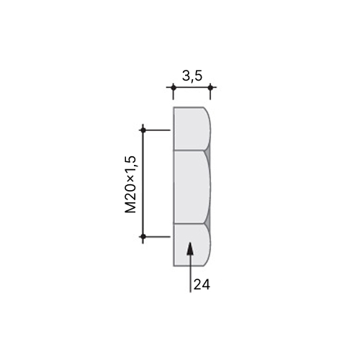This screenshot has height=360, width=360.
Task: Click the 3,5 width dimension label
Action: [192, 76]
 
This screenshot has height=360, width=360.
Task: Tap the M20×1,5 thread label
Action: [131, 184]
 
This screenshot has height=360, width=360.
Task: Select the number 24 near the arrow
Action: [202, 284]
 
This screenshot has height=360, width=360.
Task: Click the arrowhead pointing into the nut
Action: [190, 248]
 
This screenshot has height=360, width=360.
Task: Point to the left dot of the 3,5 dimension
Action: [174, 88]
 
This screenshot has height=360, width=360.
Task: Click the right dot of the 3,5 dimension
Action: [210, 88]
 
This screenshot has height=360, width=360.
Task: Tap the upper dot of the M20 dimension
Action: [143, 130]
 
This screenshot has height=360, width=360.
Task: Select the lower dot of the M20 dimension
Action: [143, 236]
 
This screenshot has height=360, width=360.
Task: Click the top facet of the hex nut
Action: [192, 129]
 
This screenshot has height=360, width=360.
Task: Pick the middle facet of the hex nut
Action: [192, 187]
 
